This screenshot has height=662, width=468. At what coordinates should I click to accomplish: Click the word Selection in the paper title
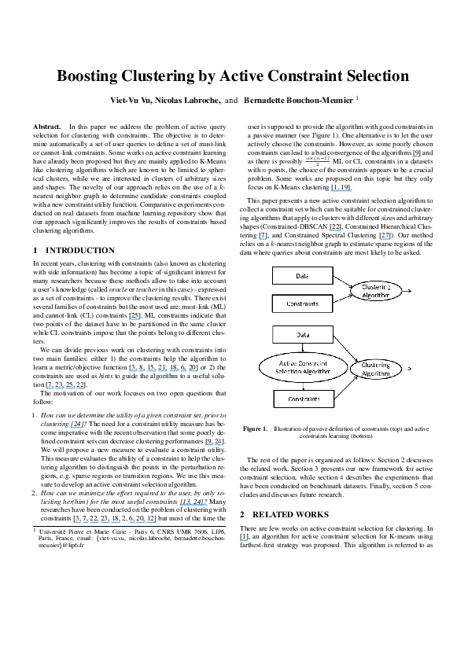[370, 76]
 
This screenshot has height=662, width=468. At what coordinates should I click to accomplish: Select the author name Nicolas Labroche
[186, 101]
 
